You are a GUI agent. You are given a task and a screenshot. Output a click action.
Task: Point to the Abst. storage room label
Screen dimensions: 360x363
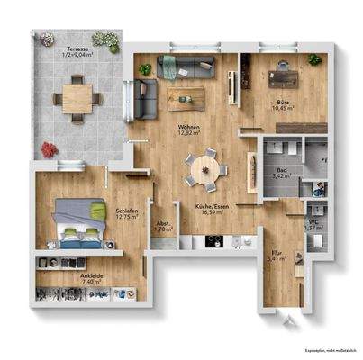point(163,226)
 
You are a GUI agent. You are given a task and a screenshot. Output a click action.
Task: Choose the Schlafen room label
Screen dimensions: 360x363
point(125,212)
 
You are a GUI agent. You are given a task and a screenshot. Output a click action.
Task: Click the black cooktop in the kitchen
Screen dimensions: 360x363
point(214,241)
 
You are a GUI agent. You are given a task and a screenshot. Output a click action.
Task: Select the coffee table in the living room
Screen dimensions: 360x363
point(187,95)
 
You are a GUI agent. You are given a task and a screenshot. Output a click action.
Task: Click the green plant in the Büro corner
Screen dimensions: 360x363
point(313,58)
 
